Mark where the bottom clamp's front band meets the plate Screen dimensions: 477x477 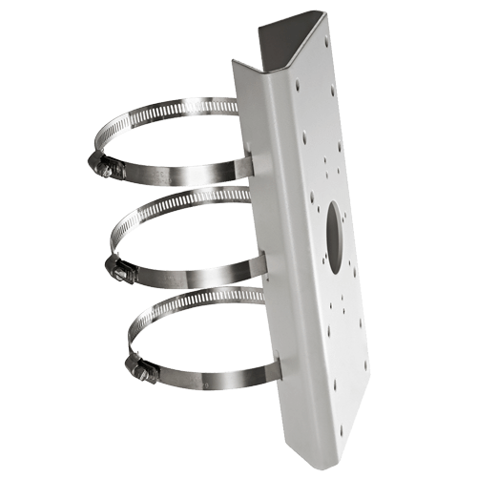pyautogui.click(x=266, y=363)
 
